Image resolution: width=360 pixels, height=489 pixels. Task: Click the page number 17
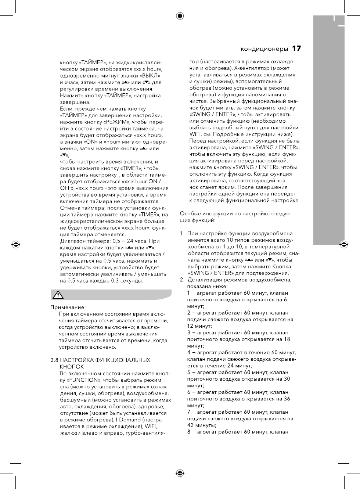coord(296,48)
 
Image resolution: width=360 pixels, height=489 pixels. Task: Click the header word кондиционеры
coord(264,49)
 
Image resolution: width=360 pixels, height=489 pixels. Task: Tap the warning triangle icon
coord(58,295)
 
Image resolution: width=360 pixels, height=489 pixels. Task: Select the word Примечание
coord(68,307)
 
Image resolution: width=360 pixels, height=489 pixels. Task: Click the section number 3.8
coord(54,360)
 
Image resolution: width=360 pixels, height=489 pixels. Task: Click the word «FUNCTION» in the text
coord(84,380)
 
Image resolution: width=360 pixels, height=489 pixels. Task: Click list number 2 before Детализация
coord(181,280)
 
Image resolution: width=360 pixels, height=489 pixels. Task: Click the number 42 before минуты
coord(191,425)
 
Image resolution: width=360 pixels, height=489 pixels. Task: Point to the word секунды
coord(131,281)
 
